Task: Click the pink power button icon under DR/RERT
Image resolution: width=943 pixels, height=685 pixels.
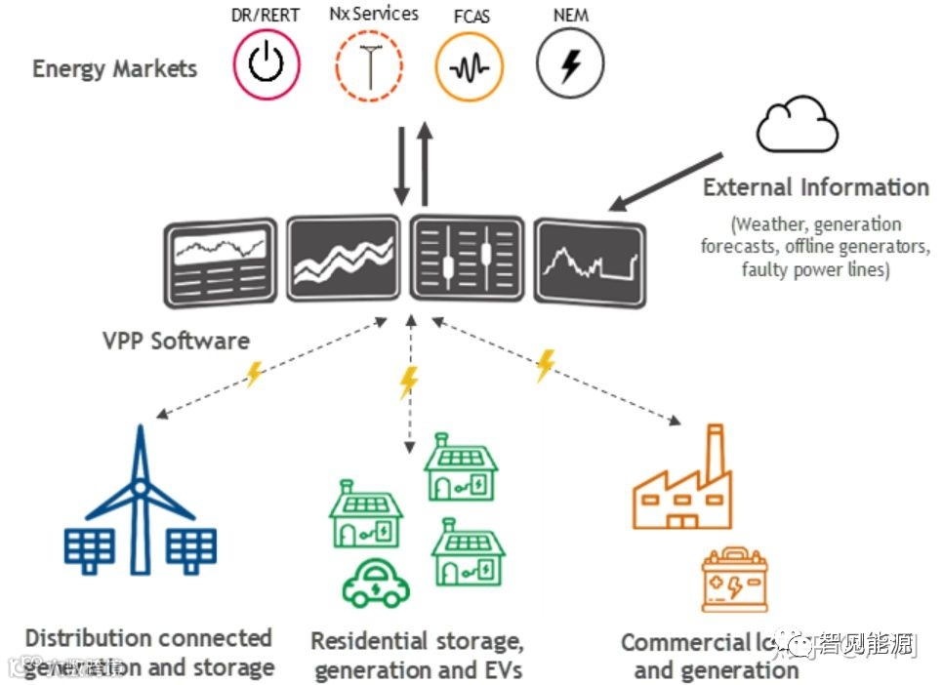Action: (266, 65)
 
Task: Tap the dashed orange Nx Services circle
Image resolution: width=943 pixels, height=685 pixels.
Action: (368, 68)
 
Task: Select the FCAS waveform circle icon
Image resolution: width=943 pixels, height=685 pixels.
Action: (469, 68)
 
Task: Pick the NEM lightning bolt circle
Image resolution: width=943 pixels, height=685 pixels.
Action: (570, 66)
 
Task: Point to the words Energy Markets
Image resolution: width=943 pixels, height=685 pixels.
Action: (114, 69)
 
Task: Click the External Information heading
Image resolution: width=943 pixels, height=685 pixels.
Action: (815, 187)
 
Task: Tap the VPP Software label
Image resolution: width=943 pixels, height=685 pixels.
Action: (176, 341)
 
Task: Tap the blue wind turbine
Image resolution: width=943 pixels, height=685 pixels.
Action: (140, 498)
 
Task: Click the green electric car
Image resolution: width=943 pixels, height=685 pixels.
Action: (375, 584)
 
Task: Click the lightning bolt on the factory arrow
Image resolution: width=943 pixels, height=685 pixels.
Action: (545, 364)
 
